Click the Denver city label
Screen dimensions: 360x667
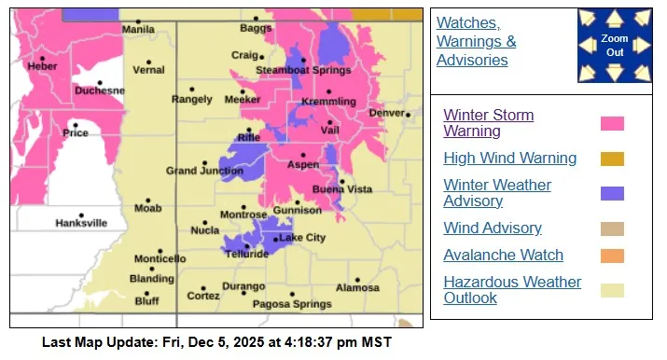pos(385,113)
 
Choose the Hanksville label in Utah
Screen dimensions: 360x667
pos(81,223)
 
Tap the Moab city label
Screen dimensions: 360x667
pos(147,208)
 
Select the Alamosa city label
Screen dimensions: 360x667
pos(358,287)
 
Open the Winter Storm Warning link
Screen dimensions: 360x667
pos(488,123)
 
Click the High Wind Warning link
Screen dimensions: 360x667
pos(509,159)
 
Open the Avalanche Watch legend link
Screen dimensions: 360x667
pos(503,255)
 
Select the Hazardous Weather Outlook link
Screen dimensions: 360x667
pos(512,290)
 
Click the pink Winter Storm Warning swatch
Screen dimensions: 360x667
pos(612,123)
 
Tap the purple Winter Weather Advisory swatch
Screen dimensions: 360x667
pos(612,193)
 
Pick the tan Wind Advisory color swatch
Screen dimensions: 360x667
pos(612,228)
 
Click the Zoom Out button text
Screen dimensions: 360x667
pos(614,46)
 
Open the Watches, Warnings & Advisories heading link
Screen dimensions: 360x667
pos(476,41)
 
